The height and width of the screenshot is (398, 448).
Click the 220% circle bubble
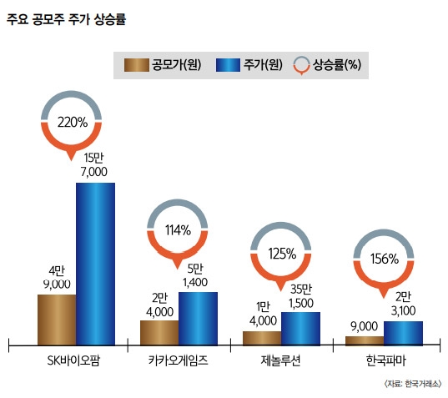point(73,121)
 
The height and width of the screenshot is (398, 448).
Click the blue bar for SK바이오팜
point(95,263)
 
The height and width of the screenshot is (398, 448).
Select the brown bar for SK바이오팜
point(57,319)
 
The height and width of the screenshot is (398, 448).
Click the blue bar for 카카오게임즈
point(198,317)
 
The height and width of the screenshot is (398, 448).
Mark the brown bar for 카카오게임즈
point(159,331)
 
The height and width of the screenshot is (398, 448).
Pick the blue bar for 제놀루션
point(300,328)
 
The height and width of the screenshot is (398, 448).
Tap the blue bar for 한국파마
point(403,332)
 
